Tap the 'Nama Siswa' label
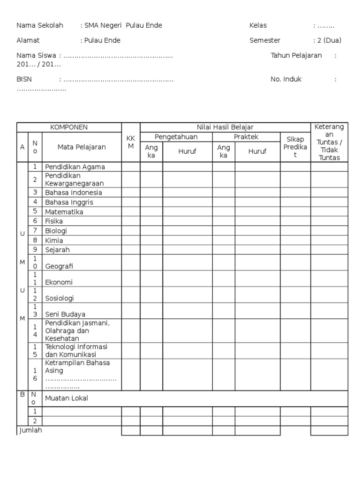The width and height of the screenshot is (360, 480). point(37,55)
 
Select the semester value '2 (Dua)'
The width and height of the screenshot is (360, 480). point(327,40)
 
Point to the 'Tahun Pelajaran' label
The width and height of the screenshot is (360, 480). point(296,55)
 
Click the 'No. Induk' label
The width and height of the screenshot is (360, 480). point(286,79)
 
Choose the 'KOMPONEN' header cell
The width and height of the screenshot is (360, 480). point(69,127)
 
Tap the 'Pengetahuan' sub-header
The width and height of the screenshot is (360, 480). point(176,137)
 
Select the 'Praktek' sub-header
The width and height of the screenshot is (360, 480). point(246,137)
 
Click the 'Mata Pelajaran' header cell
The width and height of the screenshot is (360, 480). point(82,147)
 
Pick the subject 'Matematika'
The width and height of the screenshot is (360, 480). point(64,212)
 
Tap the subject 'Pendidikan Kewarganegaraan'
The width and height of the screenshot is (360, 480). point(74,180)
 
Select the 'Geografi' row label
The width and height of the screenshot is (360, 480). point(60,266)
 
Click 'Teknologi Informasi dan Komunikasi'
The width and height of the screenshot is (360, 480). point(76,350)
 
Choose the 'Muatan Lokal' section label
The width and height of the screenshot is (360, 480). point(67,398)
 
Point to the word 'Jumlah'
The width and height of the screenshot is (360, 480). point(30,430)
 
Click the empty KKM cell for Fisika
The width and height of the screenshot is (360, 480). point(131,221)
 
